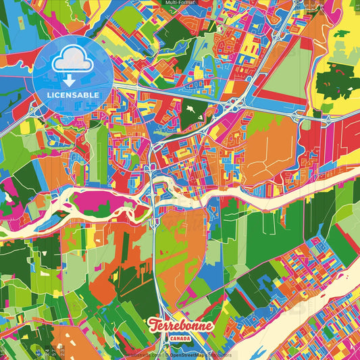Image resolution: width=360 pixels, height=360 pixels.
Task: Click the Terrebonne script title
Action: [179, 325]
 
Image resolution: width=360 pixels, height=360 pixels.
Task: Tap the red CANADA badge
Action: [179, 338]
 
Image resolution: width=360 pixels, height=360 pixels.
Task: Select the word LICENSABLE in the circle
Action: [72, 95]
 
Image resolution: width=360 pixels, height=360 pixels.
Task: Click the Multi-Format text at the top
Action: [180, 3]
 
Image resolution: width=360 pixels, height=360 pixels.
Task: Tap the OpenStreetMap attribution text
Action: [192, 354]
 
